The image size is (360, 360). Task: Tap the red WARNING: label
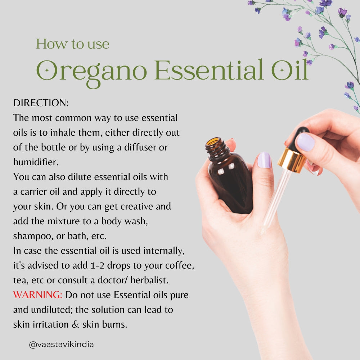click(x=38, y=295)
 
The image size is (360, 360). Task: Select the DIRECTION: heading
click(x=41, y=103)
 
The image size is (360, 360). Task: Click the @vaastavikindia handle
click(x=61, y=345)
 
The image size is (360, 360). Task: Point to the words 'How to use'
click(x=72, y=44)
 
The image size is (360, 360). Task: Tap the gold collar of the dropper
click(x=291, y=161)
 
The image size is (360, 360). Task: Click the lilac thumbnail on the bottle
click(x=264, y=160)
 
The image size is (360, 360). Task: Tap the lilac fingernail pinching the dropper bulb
click(x=305, y=142)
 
